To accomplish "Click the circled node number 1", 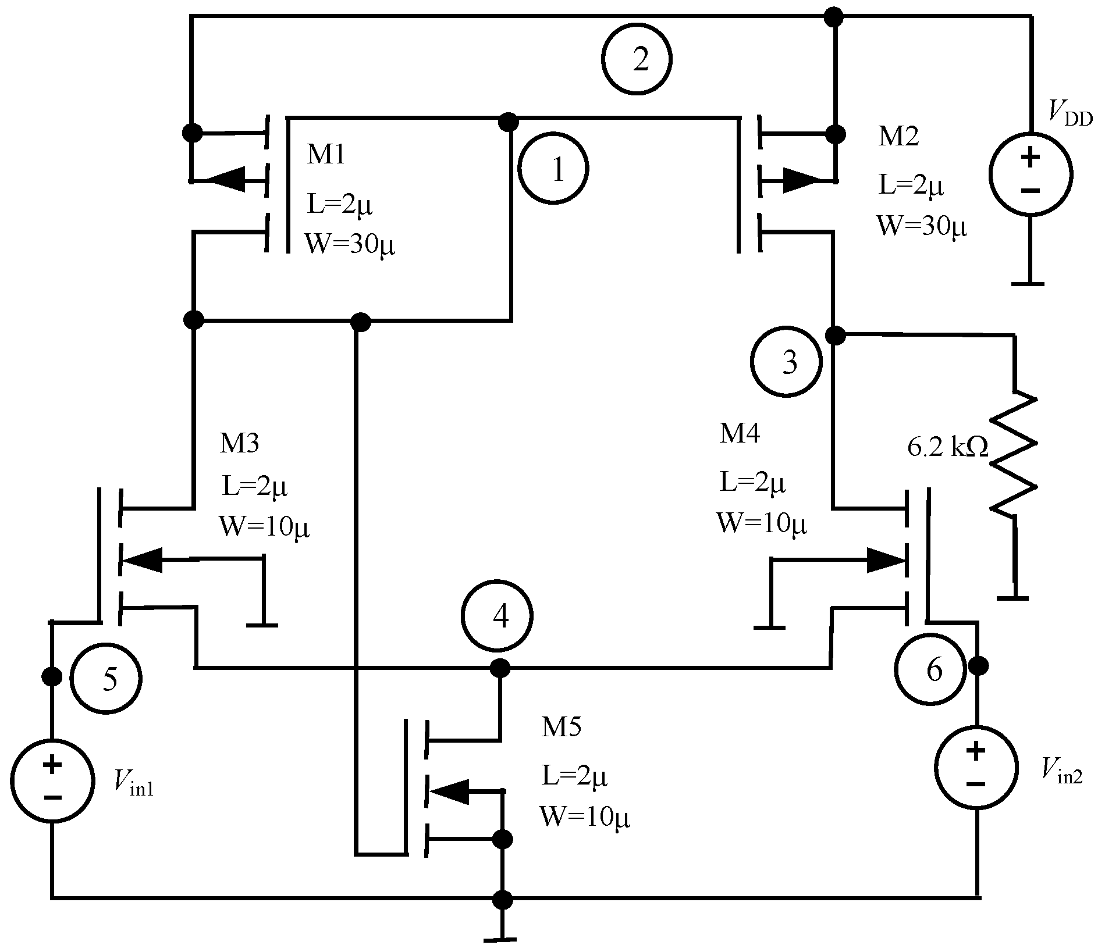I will (553, 169).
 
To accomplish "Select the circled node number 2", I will (637, 59).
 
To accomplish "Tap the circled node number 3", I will (786, 362).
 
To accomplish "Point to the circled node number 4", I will (498, 616).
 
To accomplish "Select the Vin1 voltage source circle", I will (52, 780).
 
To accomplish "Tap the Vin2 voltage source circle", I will (976, 766).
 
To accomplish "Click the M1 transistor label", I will (326, 155).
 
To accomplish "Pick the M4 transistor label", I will (740, 434).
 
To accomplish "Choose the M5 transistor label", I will (561, 727).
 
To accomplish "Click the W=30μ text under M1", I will (350, 245).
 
